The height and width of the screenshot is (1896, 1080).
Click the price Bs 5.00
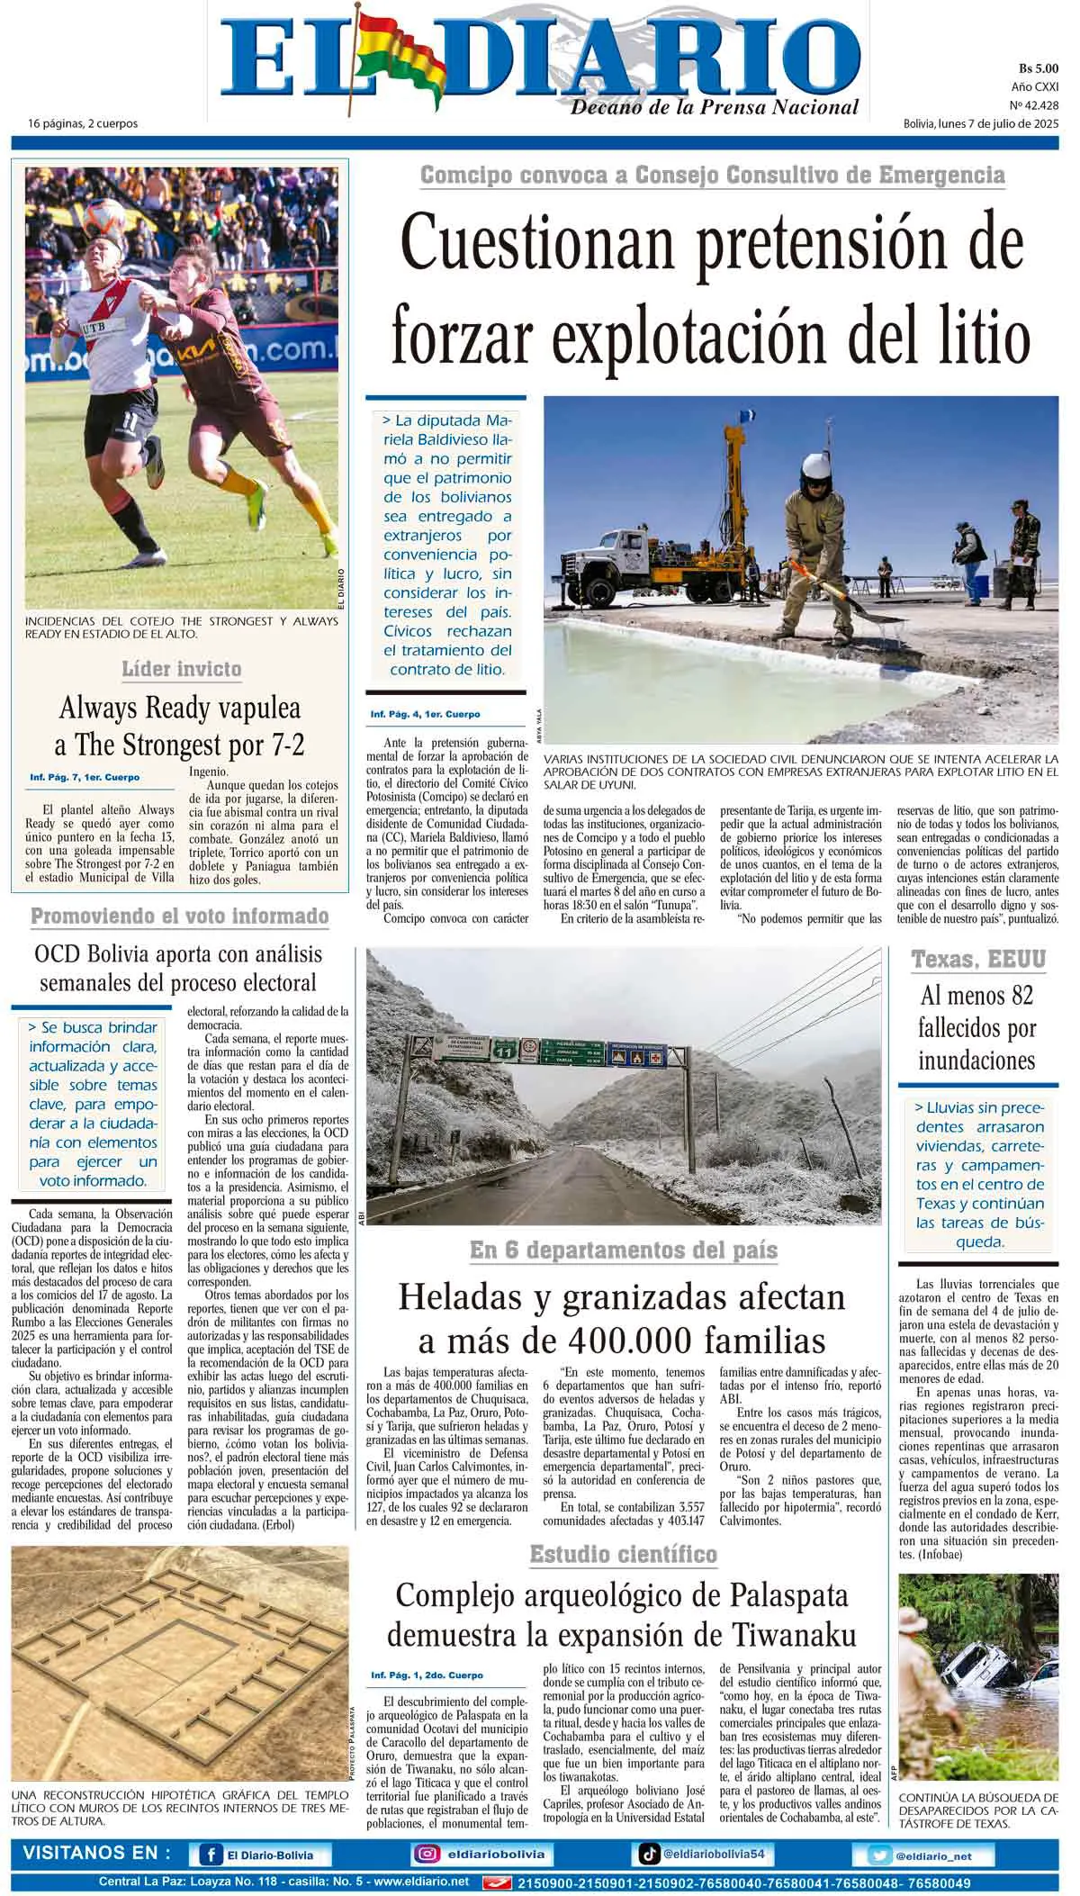tap(1038, 68)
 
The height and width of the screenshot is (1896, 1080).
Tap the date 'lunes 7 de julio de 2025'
tap(998, 123)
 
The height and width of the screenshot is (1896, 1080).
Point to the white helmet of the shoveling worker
tap(817, 469)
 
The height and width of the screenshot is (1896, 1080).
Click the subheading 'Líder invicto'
tap(181, 669)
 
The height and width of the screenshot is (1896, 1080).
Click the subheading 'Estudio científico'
tap(623, 1554)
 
